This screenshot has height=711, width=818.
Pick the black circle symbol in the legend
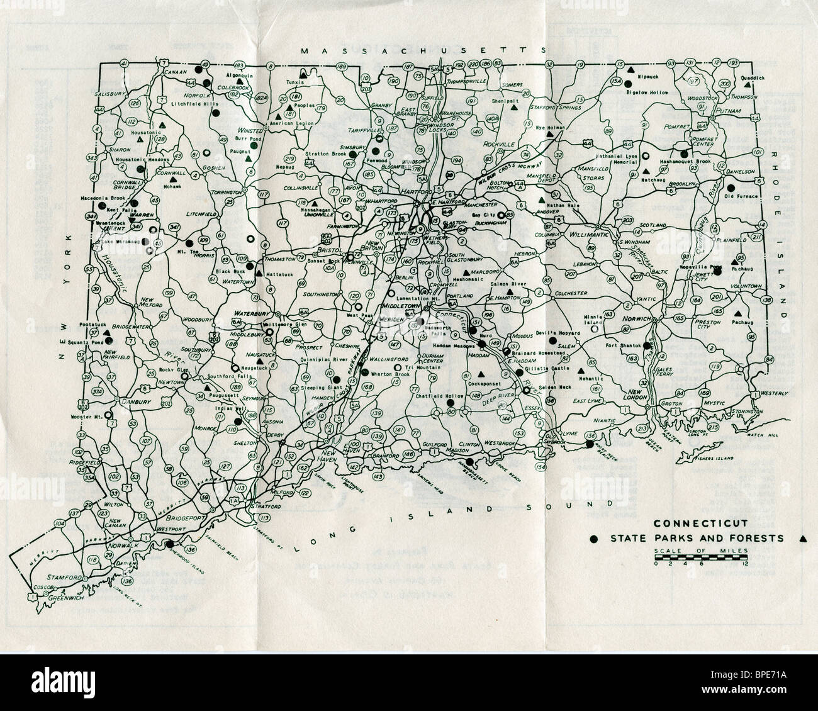[x=593, y=539]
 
